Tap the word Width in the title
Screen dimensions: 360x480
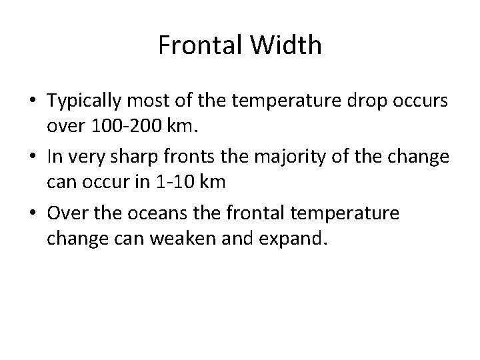288,45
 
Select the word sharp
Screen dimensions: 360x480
133,156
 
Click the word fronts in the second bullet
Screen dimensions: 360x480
190,156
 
